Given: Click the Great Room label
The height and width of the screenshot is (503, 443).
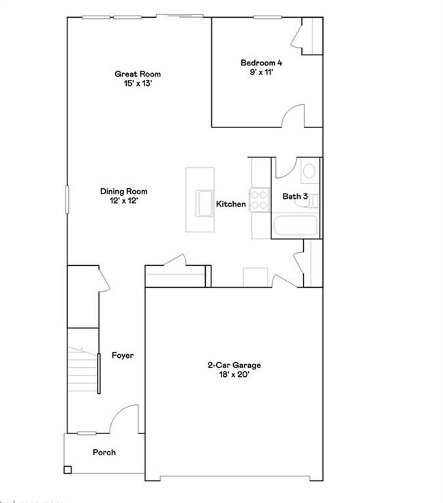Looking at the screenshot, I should pyautogui.click(x=138, y=74).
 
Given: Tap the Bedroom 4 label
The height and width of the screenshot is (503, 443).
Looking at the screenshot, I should pyautogui.click(x=261, y=63).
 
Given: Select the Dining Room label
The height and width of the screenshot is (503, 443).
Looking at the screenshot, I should pyautogui.click(x=123, y=192).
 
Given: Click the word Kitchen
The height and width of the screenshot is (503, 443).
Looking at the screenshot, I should pyautogui.click(x=231, y=204).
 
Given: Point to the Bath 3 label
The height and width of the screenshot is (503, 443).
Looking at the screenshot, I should pyautogui.click(x=295, y=196).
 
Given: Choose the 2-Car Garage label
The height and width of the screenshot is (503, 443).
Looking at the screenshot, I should pyautogui.click(x=234, y=365).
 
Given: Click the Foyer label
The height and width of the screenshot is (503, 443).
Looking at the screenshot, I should pyautogui.click(x=123, y=355).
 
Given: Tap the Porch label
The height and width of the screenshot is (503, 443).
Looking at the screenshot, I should pyautogui.click(x=104, y=452).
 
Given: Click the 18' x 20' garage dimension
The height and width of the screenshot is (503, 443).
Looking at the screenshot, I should pyautogui.click(x=234, y=375).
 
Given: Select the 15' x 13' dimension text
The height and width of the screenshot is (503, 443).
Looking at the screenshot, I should pyautogui.click(x=138, y=83).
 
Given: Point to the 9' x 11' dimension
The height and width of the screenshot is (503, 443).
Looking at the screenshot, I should pyautogui.click(x=261, y=73).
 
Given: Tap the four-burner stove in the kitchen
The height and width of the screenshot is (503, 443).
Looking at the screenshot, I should pyautogui.click(x=260, y=199).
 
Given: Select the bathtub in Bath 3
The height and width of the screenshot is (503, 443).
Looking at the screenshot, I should pyautogui.click(x=294, y=226).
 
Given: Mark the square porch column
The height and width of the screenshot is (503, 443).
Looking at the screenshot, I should pyautogui.click(x=67, y=469).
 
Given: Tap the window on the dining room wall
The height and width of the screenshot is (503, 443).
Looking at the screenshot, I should pyautogui.click(x=67, y=202).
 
